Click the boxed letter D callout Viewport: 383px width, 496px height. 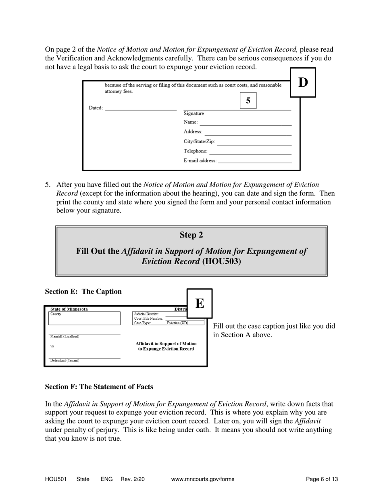(303, 83)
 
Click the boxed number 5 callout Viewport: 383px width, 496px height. (248, 101)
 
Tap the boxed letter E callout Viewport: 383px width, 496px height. (199, 303)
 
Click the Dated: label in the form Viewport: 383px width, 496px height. (96, 108)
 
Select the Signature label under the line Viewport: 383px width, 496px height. (194, 114)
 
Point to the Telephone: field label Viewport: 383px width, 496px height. (196, 151)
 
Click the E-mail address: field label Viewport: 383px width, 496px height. (200, 160)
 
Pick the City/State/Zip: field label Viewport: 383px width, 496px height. (199, 142)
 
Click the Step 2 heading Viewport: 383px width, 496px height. (191, 235)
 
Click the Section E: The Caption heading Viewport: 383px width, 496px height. (83, 292)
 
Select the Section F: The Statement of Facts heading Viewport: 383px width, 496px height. (99, 387)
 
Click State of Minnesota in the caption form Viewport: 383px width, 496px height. (69, 309)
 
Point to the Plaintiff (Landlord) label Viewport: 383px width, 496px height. (65, 336)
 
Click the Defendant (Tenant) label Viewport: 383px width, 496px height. (65, 361)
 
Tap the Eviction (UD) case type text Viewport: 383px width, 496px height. (177, 323)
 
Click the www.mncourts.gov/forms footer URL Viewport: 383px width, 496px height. (202, 479)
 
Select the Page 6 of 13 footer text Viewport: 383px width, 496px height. (322, 479)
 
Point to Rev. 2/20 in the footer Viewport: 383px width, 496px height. (132, 479)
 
